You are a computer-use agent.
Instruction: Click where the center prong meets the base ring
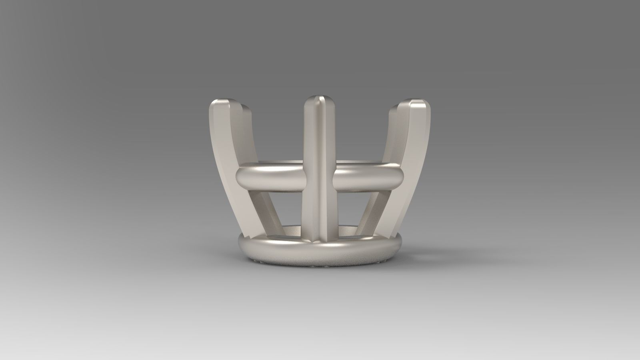(319, 238)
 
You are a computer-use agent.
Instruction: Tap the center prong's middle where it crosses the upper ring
(319, 176)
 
